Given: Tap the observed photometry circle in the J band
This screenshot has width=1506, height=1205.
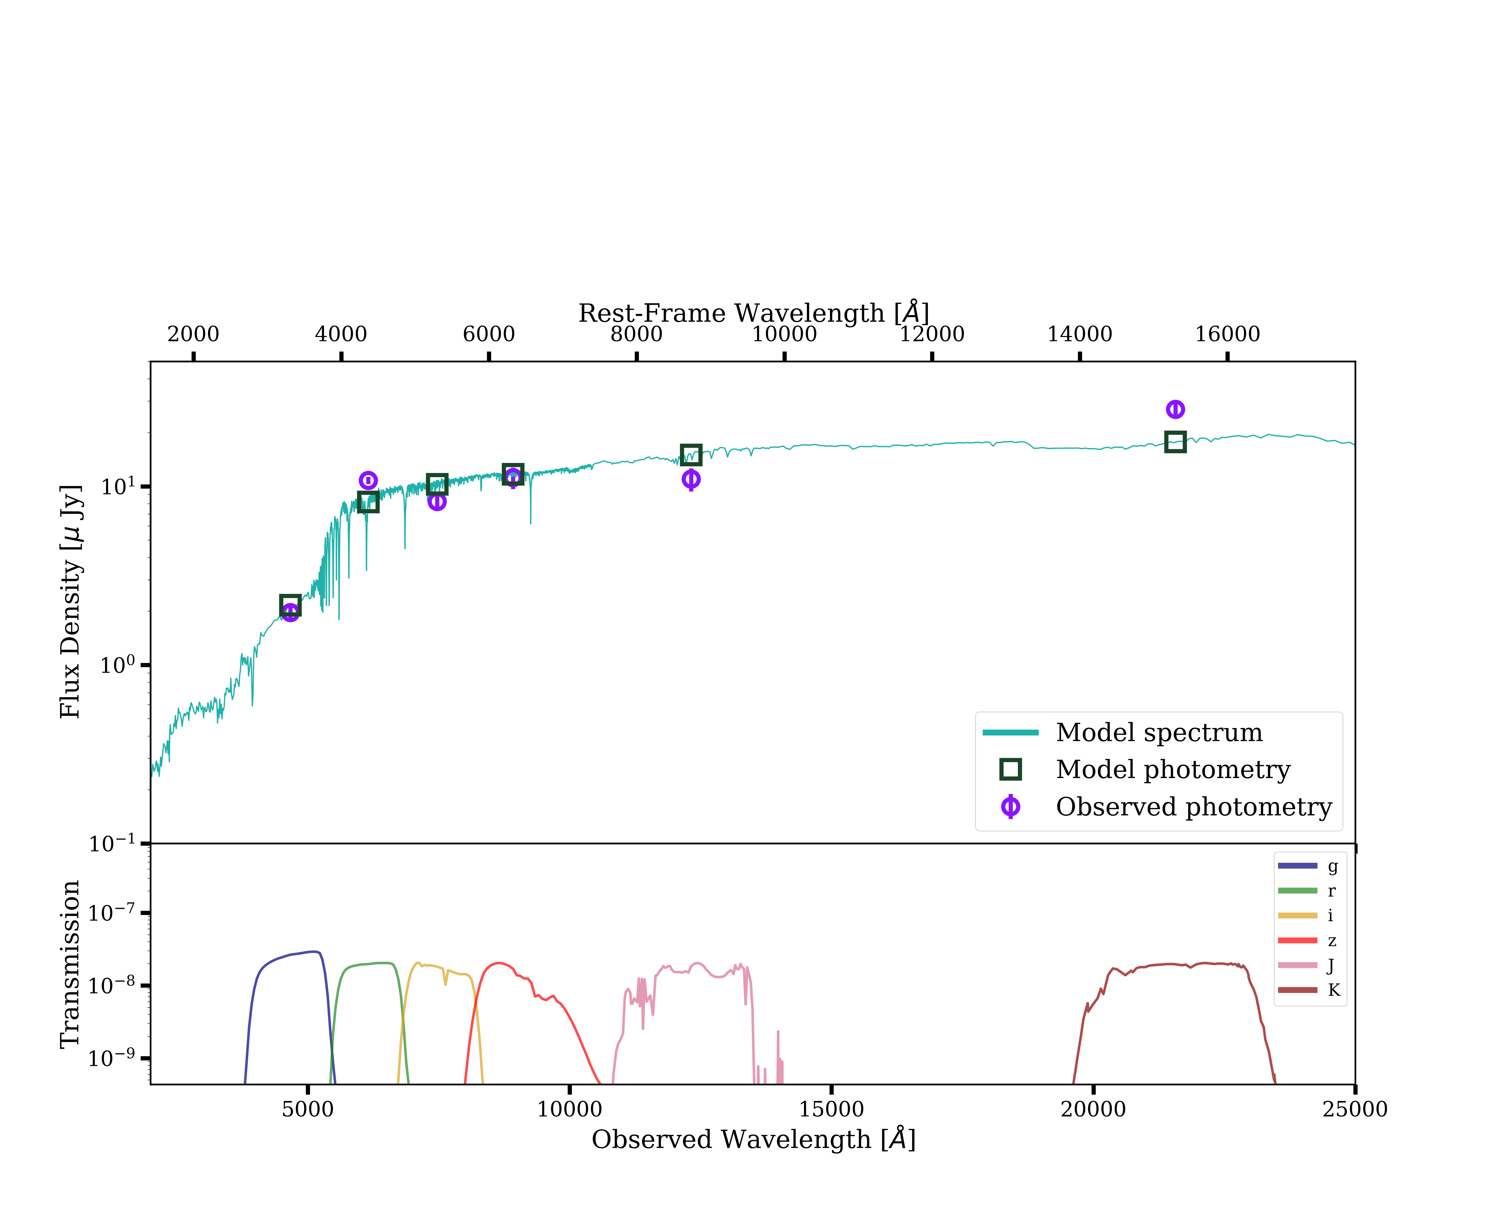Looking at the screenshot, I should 691,479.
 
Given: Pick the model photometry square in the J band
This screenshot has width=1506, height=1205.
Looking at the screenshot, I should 691,455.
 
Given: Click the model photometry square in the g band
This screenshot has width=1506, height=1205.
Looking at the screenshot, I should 290,605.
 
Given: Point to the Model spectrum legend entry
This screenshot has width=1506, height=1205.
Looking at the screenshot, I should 1158,733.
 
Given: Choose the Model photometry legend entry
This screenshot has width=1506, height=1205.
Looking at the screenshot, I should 1172,770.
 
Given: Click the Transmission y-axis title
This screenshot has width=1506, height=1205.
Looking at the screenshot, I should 70,964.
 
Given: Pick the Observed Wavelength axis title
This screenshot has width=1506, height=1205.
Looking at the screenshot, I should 753,1139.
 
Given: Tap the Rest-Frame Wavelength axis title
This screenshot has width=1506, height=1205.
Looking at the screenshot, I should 753,313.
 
